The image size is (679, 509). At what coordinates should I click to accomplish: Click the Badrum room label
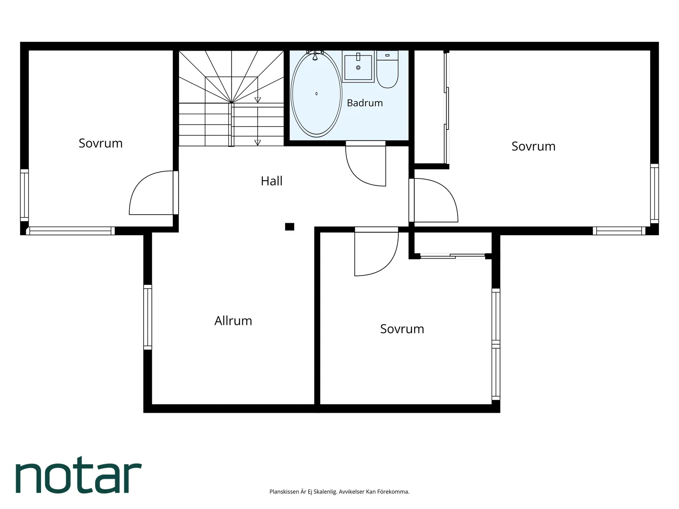point(365,103)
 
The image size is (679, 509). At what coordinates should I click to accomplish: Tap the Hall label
point(272,181)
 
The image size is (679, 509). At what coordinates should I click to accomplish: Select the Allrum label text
point(233,321)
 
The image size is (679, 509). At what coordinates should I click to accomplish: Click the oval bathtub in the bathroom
point(316,94)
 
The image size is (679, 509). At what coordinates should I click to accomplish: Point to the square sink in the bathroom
point(358,67)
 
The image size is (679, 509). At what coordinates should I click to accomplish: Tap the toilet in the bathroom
point(387,70)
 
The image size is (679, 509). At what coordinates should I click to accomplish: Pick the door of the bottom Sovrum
point(377,252)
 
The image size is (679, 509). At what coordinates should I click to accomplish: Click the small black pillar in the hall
point(290,227)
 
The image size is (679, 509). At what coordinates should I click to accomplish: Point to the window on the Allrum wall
point(148,317)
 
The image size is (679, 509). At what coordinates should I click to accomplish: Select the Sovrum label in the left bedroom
point(100,143)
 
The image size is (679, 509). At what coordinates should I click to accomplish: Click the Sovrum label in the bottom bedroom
point(402,329)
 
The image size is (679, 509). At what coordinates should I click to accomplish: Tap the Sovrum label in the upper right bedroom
point(534,146)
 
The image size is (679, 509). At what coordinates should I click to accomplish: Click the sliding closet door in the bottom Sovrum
point(453,256)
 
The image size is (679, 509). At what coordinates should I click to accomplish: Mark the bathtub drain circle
point(316,94)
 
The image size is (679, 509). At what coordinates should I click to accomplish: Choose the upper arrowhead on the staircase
point(258,100)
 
